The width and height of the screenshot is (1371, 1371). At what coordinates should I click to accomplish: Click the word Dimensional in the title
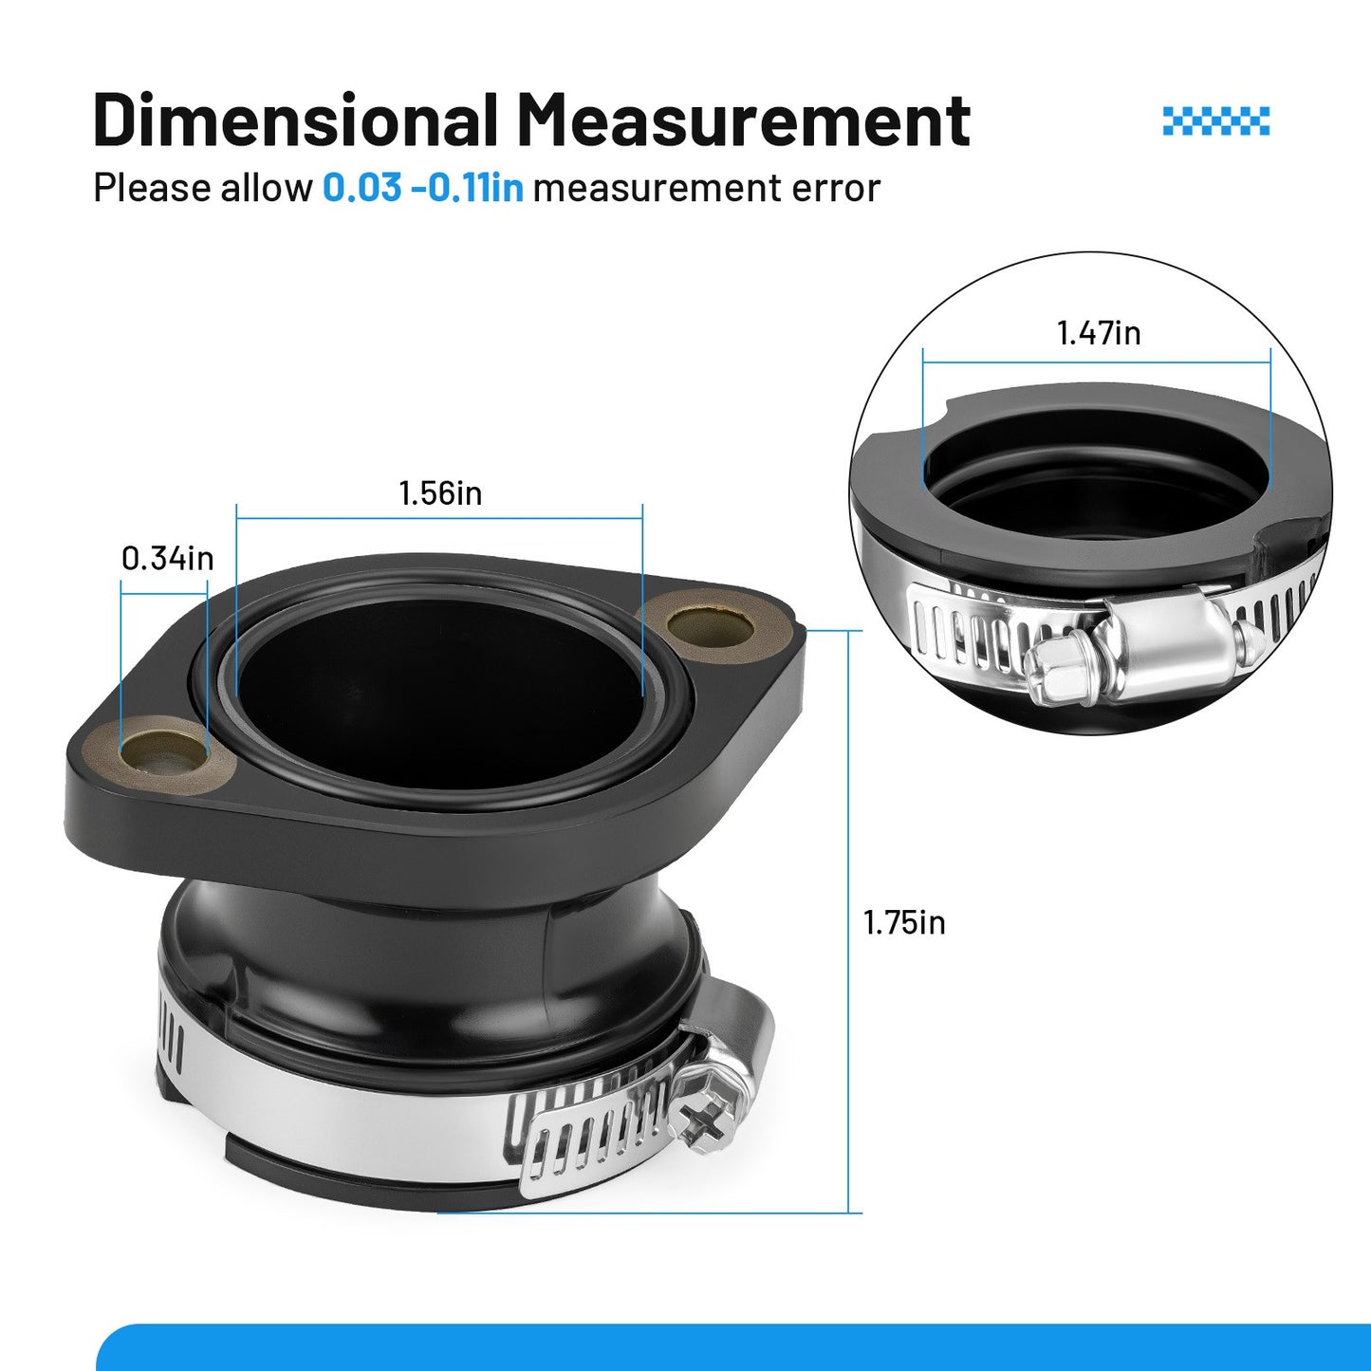pyautogui.click(x=294, y=119)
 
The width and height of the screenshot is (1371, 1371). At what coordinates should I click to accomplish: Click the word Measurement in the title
pyautogui.click(x=744, y=119)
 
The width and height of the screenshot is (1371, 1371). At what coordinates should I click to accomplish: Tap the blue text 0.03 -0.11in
pyautogui.click(x=423, y=189)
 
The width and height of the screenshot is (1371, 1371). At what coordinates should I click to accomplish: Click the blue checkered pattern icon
pyautogui.click(x=1216, y=120)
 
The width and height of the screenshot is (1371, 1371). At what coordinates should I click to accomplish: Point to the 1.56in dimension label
pyautogui.click(x=440, y=493)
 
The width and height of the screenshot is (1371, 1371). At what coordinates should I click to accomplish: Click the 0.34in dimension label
pyautogui.click(x=168, y=559)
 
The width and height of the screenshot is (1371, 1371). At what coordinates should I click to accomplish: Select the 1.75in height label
pyautogui.click(x=904, y=923)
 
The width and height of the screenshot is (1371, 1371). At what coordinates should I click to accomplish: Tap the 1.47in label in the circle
pyautogui.click(x=1099, y=333)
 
